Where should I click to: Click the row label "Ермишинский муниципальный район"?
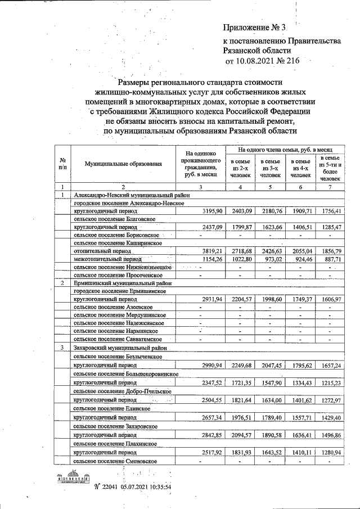click(120, 283)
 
